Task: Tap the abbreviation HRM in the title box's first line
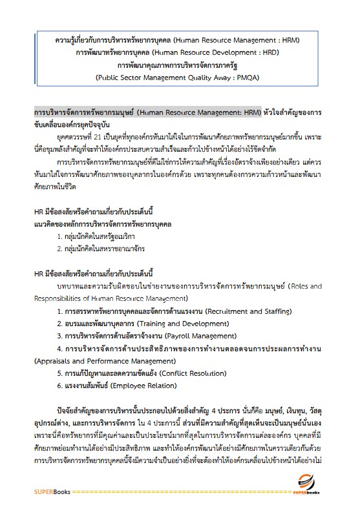(x=283, y=41)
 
